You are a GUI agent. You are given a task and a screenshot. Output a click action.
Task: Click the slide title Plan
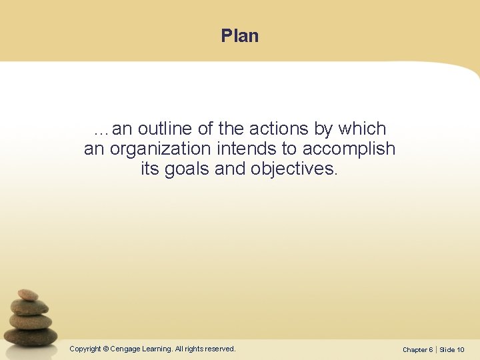click(239, 36)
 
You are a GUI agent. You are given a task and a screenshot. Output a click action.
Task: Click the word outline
click(165, 129)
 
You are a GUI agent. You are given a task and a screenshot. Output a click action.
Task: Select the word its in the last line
click(150, 169)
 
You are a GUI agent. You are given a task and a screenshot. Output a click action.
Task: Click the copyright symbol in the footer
click(106, 349)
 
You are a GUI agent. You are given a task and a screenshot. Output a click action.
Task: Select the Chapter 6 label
click(417, 349)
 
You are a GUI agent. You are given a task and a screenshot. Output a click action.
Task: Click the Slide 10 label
click(452, 349)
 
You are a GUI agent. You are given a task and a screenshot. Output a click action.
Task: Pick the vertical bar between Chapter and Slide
click(436, 349)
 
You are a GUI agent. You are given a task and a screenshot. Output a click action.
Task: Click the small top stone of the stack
click(28, 295)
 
